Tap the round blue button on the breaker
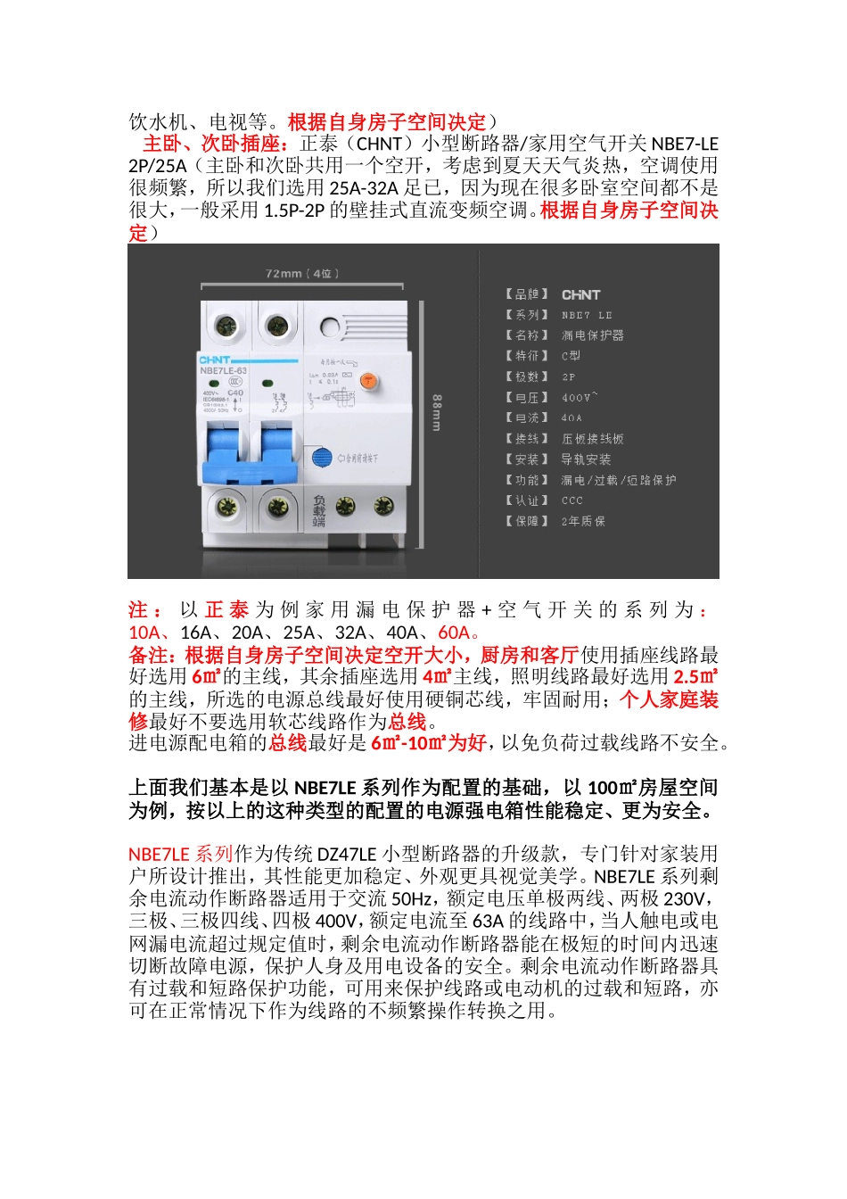pos(323,458)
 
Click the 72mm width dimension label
pos(302,273)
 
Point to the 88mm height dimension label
pos(437,412)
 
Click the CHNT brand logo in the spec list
pos(581,294)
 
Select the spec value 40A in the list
pos(572,418)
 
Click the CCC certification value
pos(572,500)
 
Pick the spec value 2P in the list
pos(569,376)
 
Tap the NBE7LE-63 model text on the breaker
pos(223,370)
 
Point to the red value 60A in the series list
pos(454,633)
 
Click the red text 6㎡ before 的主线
pos(206,677)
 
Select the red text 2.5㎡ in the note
pos(695,677)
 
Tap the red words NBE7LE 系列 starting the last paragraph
pos(180,855)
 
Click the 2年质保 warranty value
pos(583,521)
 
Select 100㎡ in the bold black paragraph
pos(611,788)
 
